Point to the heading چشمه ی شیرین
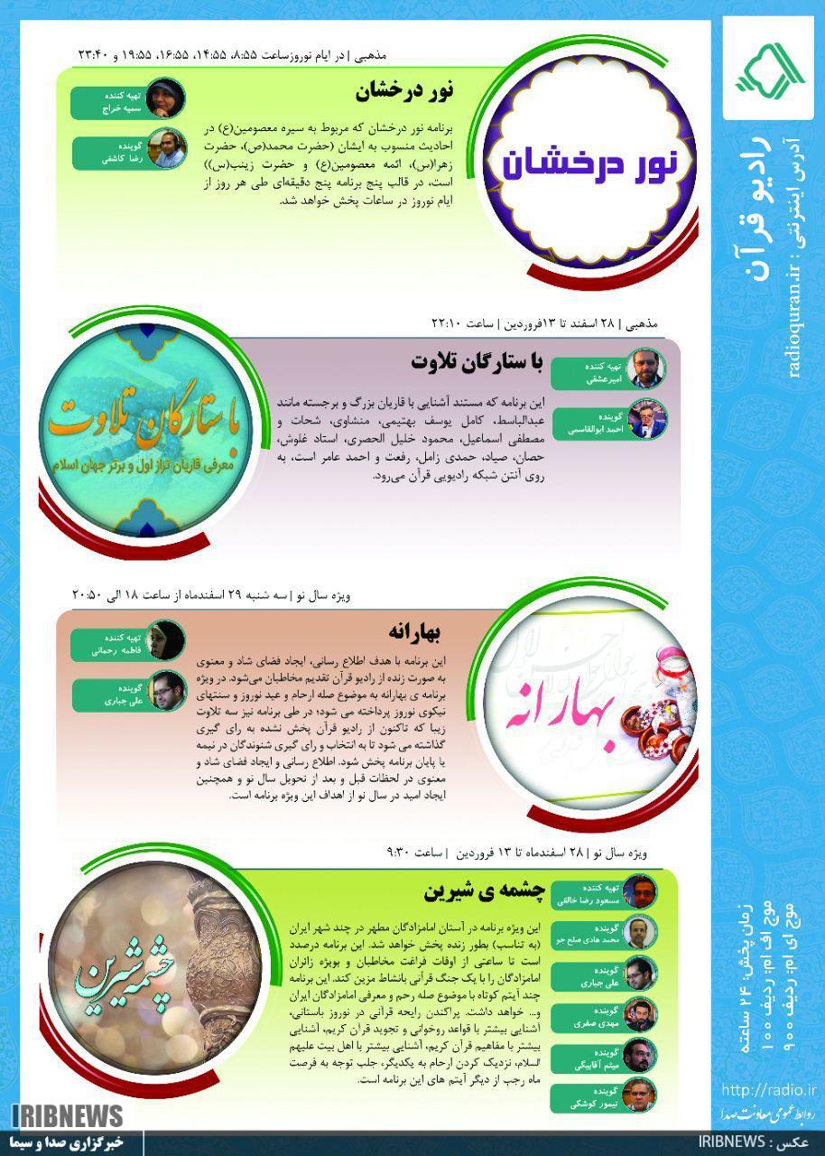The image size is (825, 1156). tap(484, 891)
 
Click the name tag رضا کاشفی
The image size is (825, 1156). tap(107, 154)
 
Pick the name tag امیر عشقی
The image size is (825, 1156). tap(587, 371)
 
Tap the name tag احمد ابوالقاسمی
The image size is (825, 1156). tap(587, 425)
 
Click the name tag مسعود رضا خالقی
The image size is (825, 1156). tap(586, 892)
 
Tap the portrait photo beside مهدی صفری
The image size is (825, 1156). tap(639, 1016)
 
